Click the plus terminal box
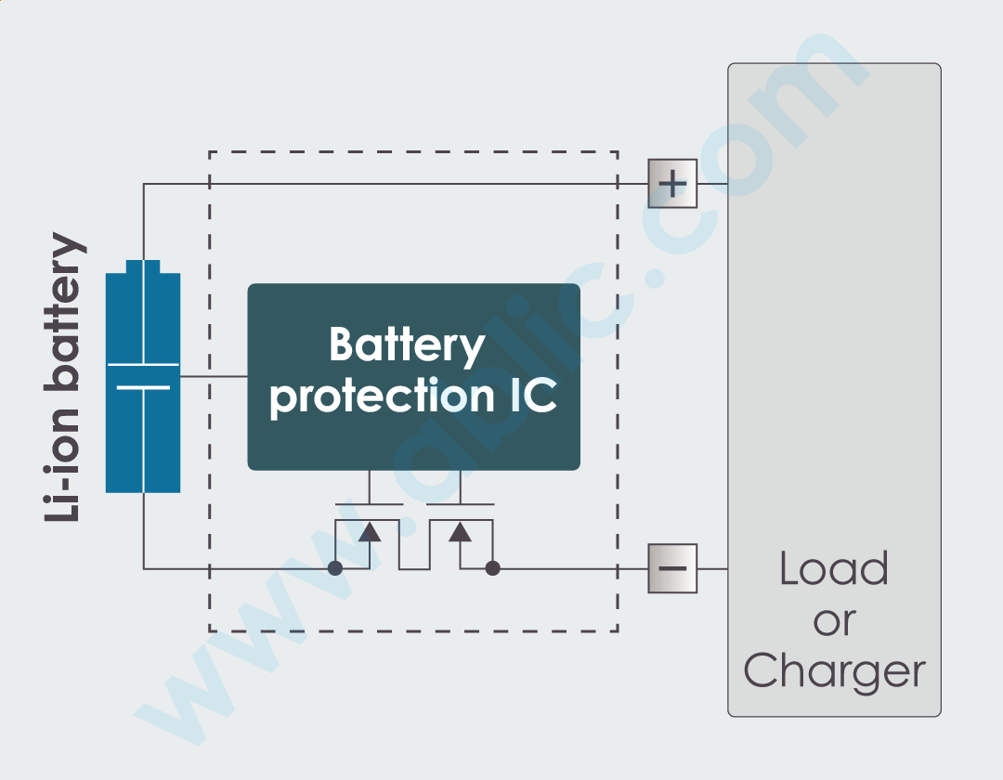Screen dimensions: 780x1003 pyautogui.click(x=672, y=184)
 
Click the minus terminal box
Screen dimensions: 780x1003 pyautogui.click(x=672, y=568)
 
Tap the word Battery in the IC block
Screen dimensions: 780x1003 pyautogui.click(x=407, y=345)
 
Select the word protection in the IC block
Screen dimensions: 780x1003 pyautogui.click(x=377, y=396)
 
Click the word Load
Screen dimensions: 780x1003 pyautogui.click(x=833, y=568)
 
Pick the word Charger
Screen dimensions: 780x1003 pyautogui.click(x=834, y=670)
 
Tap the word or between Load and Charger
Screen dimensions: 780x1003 pyautogui.click(x=833, y=620)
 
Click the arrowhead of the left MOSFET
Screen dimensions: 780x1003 pyautogui.click(x=370, y=531)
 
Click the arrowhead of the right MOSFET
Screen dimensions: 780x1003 pyautogui.click(x=460, y=531)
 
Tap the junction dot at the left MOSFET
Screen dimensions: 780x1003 pyautogui.click(x=335, y=568)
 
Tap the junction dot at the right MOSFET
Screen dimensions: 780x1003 pyautogui.click(x=493, y=568)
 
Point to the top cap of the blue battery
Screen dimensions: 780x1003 pyautogui.click(x=143, y=267)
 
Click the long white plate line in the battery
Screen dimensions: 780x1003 pyautogui.click(x=143, y=365)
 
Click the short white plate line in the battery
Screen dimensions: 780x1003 pyautogui.click(x=143, y=387)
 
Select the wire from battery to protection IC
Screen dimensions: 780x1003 pyautogui.click(x=214, y=376)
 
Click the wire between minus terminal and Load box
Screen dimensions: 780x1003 pyautogui.click(x=711, y=568)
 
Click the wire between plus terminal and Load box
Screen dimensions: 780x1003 pyautogui.click(x=711, y=184)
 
